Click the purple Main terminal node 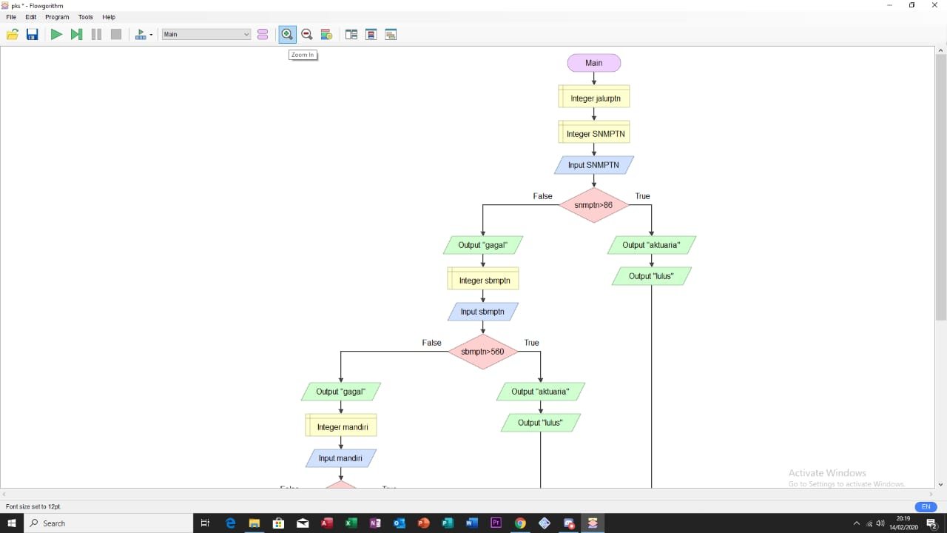(x=593, y=63)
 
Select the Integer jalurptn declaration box (x=594, y=98)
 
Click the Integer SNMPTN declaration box (x=594, y=134)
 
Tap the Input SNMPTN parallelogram (x=593, y=165)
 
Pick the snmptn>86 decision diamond (x=593, y=205)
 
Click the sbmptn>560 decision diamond (x=482, y=352)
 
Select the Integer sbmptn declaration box (x=483, y=281)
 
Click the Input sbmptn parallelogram (x=482, y=312)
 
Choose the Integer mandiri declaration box (x=341, y=427)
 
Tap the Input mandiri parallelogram (x=340, y=458)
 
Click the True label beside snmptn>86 (x=642, y=196)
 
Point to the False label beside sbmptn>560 (x=431, y=343)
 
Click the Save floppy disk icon (x=32, y=34)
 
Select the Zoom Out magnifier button (x=306, y=34)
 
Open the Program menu (x=57, y=17)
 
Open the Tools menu (x=86, y=17)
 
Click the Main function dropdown (x=206, y=34)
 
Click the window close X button (x=934, y=5)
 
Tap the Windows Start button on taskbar (x=12, y=523)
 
